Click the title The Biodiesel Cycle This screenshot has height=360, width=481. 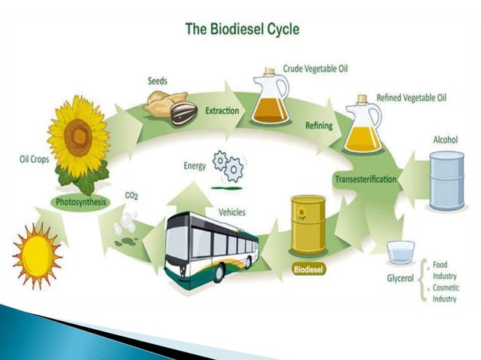coord(241,30)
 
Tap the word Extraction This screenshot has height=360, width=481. coord(222,111)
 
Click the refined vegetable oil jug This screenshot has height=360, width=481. coord(363,125)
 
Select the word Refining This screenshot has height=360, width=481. coord(318,126)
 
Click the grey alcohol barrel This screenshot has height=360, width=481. coord(446,180)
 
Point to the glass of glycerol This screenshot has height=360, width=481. coord(400,252)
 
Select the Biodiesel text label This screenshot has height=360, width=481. coord(308,267)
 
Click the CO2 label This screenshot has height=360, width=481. coord(131,196)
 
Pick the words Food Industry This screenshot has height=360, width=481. coord(444,270)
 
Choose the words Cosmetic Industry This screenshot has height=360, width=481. coord(446,294)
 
